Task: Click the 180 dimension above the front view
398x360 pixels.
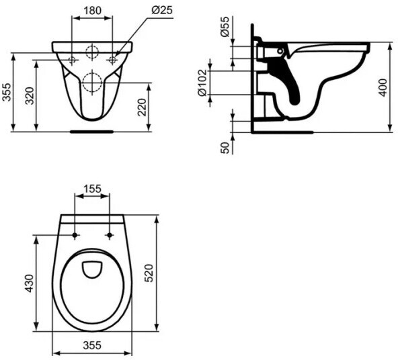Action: click(92, 11)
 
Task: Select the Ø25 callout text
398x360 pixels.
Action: click(162, 10)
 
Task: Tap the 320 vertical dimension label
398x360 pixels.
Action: click(30, 96)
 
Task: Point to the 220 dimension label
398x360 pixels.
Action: click(142, 107)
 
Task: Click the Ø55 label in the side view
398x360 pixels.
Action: click(225, 27)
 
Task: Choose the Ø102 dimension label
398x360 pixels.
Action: click(202, 83)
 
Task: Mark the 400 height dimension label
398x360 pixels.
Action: click(383, 87)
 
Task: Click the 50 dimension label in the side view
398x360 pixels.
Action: click(225, 148)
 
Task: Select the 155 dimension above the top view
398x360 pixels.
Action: click(92, 189)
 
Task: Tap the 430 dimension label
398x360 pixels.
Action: click(30, 283)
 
